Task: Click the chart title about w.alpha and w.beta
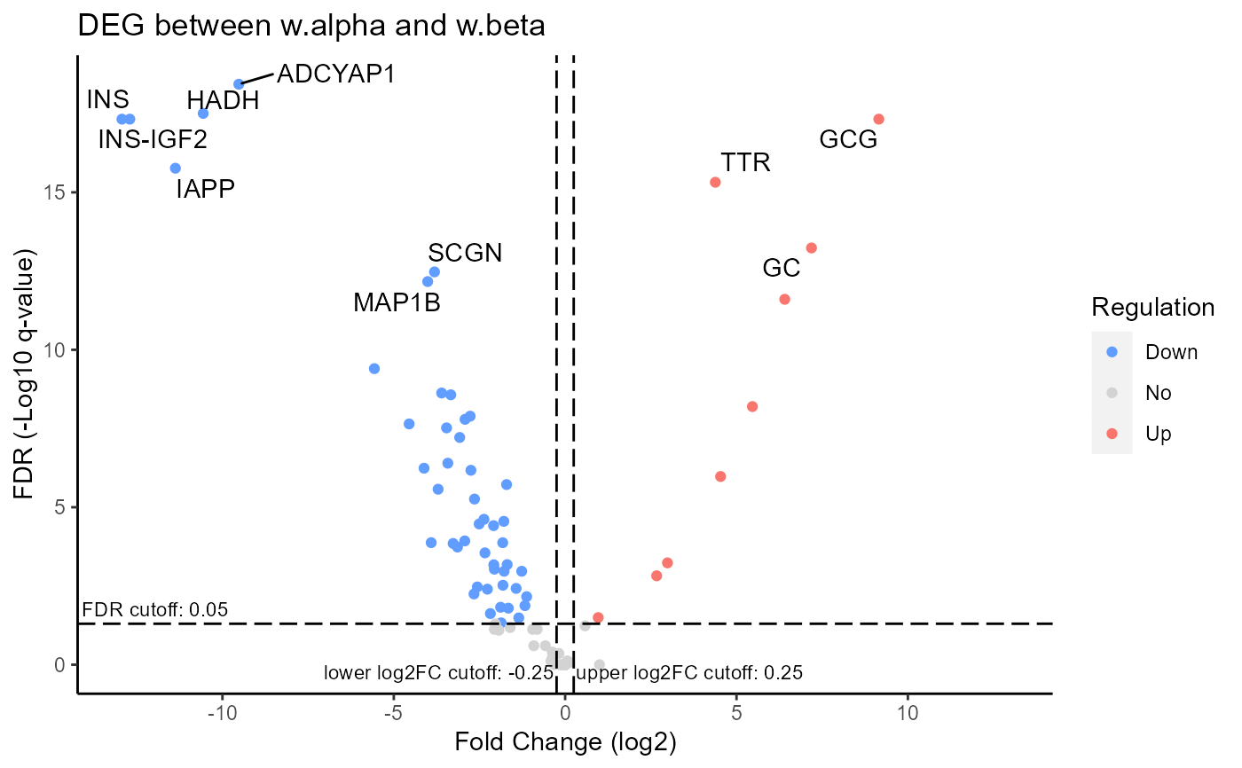(x=310, y=26)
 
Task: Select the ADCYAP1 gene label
(x=335, y=73)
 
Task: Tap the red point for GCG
(x=878, y=119)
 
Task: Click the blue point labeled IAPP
(x=175, y=168)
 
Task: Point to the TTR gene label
(x=745, y=162)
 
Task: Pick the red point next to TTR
(x=715, y=182)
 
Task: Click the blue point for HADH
(x=202, y=113)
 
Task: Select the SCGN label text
(x=465, y=253)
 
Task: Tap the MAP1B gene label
(x=397, y=302)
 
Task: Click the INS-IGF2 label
(x=153, y=139)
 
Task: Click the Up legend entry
(x=1159, y=434)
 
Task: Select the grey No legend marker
(x=1112, y=393)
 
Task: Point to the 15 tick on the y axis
(x=55, y=192)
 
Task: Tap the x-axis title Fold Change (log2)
(x=564, y=741)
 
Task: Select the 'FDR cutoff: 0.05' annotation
(x=155, y=609)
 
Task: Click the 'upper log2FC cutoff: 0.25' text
(x=689, y=673)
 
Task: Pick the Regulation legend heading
(x=1152, y=308)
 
